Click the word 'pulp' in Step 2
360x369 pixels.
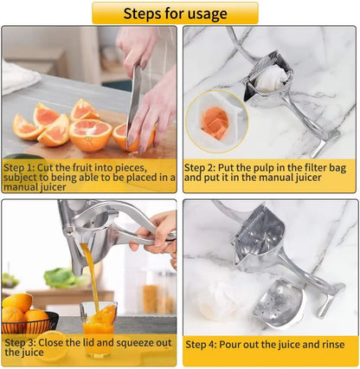[264, 164]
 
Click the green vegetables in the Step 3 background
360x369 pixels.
[61, 278]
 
